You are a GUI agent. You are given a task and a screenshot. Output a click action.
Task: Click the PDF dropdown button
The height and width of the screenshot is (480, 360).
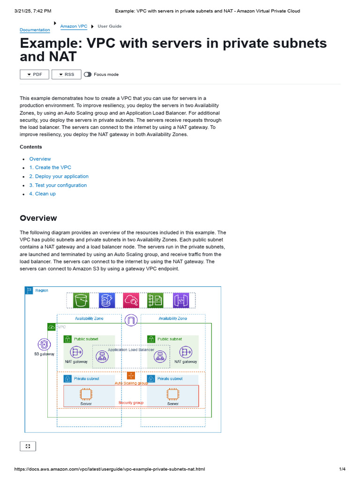click(34, 75)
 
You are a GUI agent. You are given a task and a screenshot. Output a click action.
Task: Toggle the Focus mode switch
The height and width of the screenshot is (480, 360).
click(88, 75)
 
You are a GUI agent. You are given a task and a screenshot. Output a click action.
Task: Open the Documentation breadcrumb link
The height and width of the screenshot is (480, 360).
click(35, 30)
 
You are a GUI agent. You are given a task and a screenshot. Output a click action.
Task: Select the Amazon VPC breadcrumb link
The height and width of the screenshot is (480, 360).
click(74, 26)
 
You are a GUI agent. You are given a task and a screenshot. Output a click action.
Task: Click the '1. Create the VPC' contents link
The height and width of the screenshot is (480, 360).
click(50, 167)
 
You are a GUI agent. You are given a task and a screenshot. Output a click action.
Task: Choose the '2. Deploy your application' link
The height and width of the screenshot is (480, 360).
click(59, 176)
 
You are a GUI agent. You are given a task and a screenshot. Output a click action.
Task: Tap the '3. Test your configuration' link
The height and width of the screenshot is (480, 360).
click(58, 185)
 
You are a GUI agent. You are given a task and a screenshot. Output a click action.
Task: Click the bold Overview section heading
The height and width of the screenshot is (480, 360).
click(38, 218)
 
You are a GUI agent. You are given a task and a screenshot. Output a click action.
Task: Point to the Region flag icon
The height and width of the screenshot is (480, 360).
click(29, 291)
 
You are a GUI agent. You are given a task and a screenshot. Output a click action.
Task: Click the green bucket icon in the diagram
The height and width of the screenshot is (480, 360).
click(82, 300)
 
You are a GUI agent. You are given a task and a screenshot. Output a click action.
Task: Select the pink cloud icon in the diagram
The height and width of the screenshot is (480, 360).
click(131, 300)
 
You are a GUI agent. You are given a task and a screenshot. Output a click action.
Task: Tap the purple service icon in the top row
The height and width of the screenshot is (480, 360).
click(180, 300)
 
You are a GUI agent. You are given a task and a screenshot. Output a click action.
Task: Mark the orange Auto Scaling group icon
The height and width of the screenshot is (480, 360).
click(131, 375)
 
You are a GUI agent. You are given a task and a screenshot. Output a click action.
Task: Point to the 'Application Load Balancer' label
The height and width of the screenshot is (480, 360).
click(131, 350)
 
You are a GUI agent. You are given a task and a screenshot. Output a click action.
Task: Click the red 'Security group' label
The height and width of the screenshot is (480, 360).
click(131, 403)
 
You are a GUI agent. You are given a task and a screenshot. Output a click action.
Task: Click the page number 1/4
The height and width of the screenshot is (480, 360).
click(342, 469)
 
